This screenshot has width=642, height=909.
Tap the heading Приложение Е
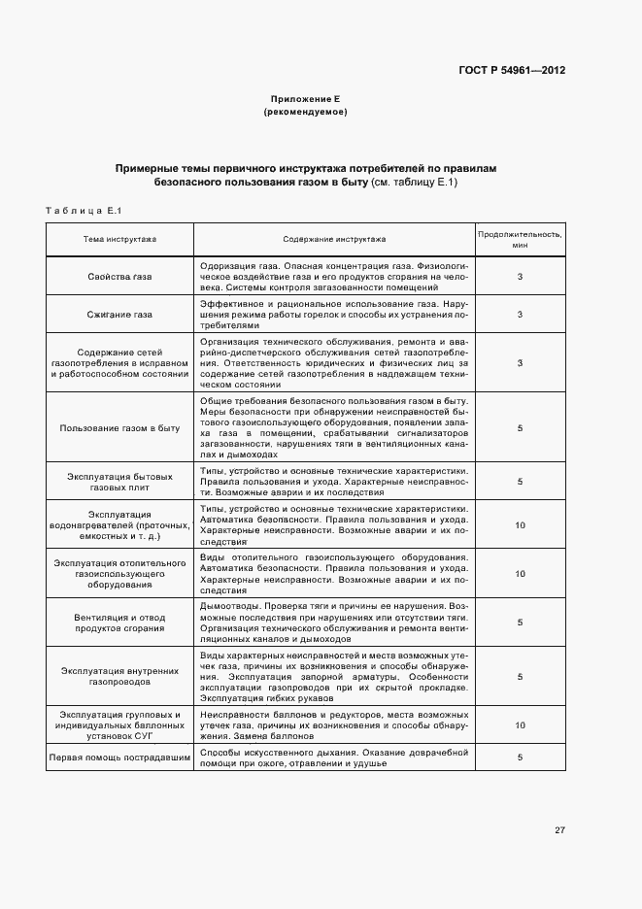tap(305, 100)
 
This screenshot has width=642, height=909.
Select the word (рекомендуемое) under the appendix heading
tap(305, 113)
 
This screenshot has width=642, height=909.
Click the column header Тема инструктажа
tap(119, 238)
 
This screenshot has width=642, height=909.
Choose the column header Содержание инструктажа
tap(334, 238)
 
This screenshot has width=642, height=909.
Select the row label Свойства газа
tap(119, 277)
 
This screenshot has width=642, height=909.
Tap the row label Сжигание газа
tap(119, 315)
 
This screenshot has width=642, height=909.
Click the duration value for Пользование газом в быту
tap(520, 427)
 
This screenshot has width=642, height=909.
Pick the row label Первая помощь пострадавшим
tap(119, 757)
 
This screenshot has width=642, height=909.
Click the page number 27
tap(559, 829)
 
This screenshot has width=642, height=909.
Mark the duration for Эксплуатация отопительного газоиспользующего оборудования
tap(520, 573)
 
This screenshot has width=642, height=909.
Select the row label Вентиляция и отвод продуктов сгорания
tap(119, 623)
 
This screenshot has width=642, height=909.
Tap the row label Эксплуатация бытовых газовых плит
tap(119, 482)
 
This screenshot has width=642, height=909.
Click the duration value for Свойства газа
tap(520, 277)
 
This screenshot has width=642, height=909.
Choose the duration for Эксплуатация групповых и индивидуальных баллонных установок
tap(520, 724)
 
